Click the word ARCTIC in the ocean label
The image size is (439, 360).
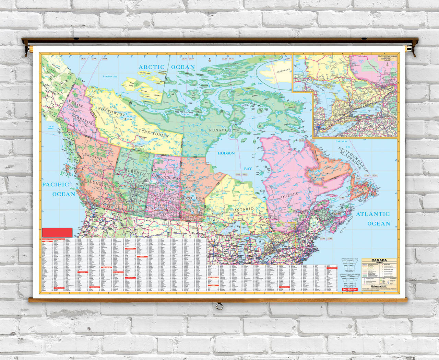coord(152,67)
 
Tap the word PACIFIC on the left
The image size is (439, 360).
coord(56,185)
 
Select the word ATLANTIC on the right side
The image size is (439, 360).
coord(373,214)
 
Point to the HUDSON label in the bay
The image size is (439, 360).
coord(226,153)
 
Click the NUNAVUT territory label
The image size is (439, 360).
coord(220,130)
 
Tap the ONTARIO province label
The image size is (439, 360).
coord(244,209)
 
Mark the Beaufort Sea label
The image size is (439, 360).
coord(110,77)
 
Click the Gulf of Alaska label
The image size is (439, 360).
coord(51,128)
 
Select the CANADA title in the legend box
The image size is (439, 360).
coord(379,260)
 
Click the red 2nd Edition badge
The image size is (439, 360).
coord(349,289)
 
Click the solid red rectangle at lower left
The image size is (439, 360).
coord(57,232)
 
